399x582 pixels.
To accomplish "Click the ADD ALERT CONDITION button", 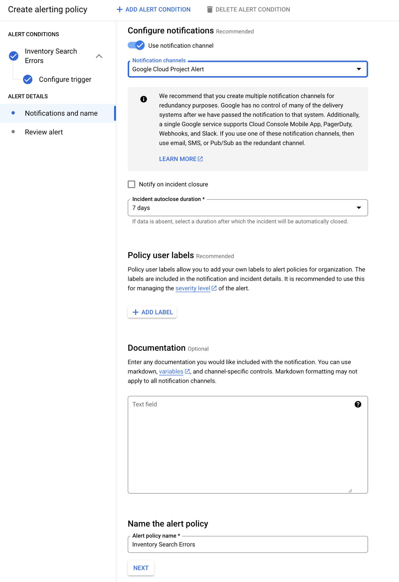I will tap(154, 9).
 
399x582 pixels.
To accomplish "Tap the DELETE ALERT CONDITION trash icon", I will tap(210, 9).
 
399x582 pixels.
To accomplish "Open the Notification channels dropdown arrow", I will tap(359, 69).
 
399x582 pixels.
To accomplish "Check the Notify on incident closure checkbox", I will tap(131, 184).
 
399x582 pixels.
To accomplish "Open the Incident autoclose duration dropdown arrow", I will tap(359, 208).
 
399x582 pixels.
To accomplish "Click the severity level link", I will tap(193, 288).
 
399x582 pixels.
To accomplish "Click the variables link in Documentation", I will tap(171, 371).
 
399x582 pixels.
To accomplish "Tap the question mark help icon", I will tap(358, 404).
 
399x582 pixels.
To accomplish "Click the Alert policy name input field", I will tap(247, 544).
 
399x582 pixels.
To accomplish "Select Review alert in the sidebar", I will tap(44, 132).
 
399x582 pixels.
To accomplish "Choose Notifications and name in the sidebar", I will tap(61, 113).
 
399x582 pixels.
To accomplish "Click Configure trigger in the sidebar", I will tap(65, 80).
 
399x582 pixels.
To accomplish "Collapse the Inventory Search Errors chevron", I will tap(99, 56).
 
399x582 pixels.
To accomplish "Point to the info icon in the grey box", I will tap(144, 99).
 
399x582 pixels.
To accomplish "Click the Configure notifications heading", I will tap(171, 31).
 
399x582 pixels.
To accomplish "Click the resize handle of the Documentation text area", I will tap(350, 490).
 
